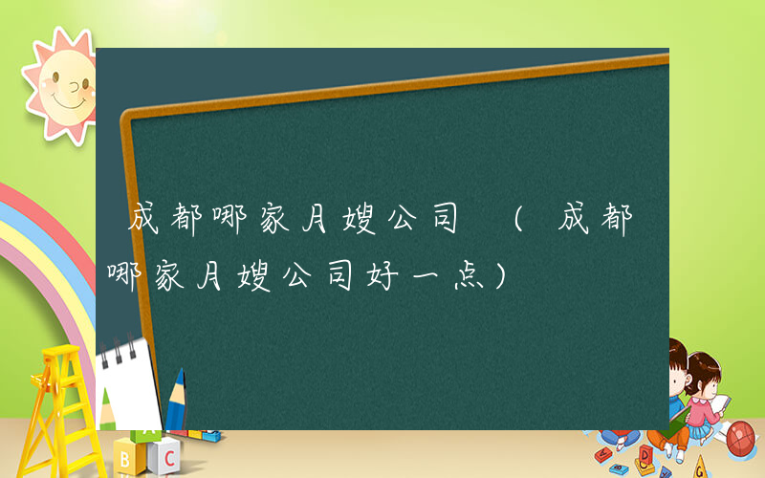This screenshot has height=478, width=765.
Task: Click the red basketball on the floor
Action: pyautogui.click(x=741, y=438)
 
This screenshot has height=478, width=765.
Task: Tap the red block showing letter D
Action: pyautogui.click(x=646, y=452)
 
